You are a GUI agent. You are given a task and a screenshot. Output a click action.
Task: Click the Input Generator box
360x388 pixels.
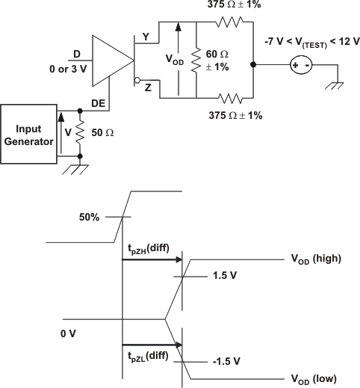point(28,135)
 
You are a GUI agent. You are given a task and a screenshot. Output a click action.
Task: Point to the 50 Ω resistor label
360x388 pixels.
point(103,132)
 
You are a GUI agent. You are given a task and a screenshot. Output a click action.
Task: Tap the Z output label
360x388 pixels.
point(147,87)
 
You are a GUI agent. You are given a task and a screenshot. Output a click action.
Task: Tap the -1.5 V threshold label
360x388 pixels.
point(225,360)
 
